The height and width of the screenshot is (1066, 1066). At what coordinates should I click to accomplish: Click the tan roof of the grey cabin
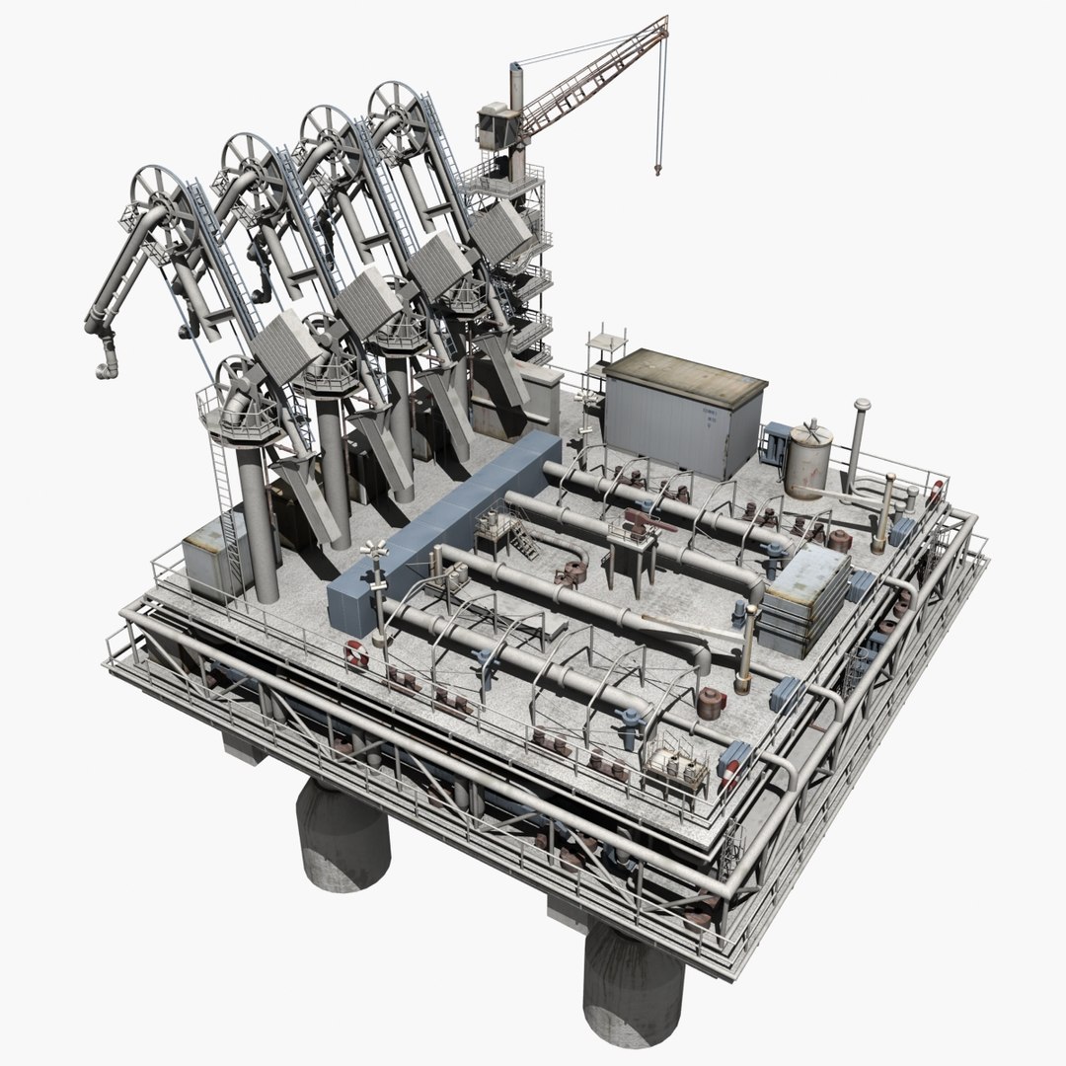click(x=686, y=374)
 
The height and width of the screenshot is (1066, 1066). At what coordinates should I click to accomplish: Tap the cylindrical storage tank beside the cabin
click(x=808, y=460)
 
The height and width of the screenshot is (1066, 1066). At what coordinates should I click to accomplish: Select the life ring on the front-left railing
click(x=356, y=654)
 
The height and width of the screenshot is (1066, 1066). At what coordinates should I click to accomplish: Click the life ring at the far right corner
click(x=934, y=492)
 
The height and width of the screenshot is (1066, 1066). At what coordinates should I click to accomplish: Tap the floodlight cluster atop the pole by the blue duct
click(x=374, y=551)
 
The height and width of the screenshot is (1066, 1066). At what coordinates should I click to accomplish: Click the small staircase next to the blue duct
click(x=520, y=540)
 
